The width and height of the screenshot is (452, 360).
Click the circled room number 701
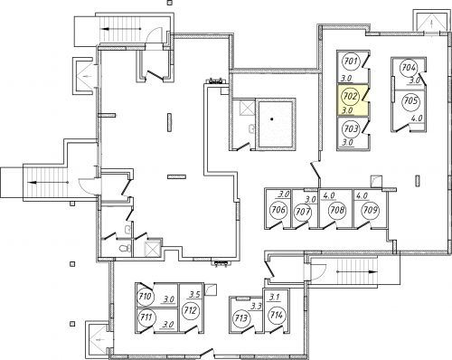351,62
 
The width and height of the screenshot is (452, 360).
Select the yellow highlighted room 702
353,100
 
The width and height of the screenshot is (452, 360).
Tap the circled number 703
351,129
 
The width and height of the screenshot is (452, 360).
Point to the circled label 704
409,68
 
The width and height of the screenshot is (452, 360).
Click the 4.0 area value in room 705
417,118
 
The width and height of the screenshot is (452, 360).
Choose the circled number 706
278,209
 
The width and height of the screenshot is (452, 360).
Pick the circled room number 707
303,212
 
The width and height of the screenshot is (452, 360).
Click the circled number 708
337,210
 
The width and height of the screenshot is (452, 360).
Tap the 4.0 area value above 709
362,195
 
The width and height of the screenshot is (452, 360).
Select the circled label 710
146,297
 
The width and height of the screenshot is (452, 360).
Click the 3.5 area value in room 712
194,294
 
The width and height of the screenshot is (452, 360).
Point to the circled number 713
241,318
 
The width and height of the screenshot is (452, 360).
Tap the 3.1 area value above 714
275,298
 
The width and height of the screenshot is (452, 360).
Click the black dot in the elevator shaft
272,119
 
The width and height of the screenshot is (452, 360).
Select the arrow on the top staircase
121,29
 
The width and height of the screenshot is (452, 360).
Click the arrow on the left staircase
48,183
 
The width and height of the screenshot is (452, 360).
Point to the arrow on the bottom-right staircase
357,271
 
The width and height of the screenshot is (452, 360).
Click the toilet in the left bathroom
125,248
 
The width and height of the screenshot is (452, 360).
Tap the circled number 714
277,315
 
